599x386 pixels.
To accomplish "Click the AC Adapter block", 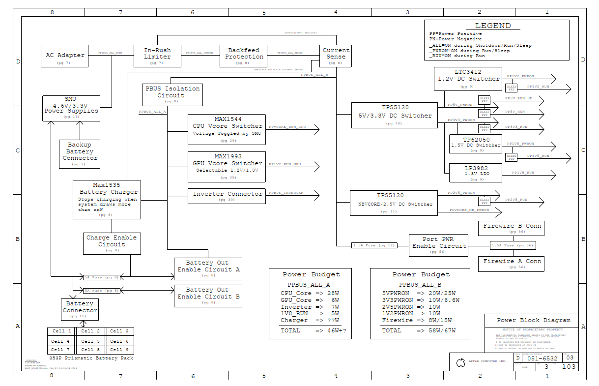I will coord(65,56).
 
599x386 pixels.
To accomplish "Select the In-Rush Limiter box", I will coord(157,57).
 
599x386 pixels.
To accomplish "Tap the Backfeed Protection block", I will coord(244,56).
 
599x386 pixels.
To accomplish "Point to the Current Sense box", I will coord(336,56).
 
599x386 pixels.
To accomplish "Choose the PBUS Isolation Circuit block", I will coord(172,94).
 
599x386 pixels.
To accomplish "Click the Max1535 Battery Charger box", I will coord(107,200).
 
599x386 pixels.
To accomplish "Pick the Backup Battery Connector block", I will coord(80,154).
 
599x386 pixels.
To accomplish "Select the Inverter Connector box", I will coord(227,195).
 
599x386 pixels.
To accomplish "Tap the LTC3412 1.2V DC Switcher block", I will coord(468,79).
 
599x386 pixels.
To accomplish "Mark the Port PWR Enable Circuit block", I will coord(438,245).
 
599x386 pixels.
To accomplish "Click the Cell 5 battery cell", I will coord(91,341).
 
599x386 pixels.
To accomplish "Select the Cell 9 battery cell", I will coord(119,350).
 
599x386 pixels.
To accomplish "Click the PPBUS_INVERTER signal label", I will coord(286,193).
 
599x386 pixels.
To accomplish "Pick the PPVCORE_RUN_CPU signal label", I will coord(287,127).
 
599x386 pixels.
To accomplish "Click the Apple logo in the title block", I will coord(461,363).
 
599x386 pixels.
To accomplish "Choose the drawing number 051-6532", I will coord(542,358).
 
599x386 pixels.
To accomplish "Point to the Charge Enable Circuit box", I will coord(112,244).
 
